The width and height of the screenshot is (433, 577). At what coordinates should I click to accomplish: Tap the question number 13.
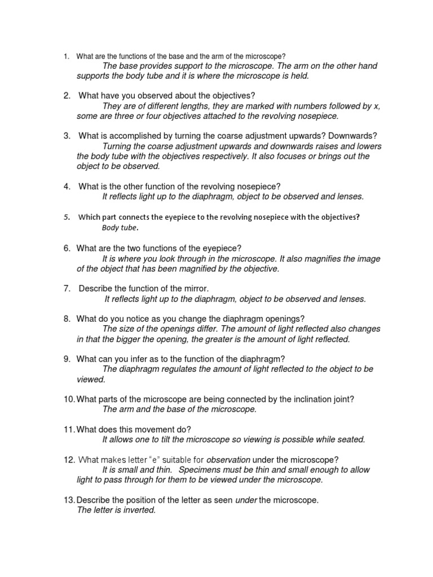(69, 500)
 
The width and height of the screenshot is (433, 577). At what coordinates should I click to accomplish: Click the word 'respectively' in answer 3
(224, 156)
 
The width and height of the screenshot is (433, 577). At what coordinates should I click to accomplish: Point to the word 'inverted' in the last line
(138, 510)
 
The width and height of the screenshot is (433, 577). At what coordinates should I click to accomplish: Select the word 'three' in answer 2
(124, 116)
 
